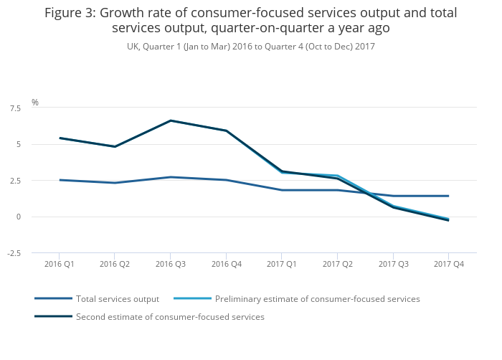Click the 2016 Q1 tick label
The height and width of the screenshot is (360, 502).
click(x=59, y=264)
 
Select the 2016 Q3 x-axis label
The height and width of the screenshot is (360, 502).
click(x=171, y=264)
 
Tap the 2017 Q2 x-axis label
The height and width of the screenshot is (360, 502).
click(x=337, y=264)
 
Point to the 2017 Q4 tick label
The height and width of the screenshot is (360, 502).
click(x=449, y=264)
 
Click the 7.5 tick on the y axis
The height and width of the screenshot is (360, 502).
click(x=15, y=108)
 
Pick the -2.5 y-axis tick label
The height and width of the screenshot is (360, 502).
click(x=14, y=253)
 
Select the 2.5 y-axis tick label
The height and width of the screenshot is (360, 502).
click(x=15, y=181)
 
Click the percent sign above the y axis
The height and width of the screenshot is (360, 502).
click(x=34, y=103)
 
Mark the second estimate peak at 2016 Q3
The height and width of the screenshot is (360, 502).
click(x=171, y=120)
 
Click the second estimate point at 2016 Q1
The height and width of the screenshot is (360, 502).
click(x=60, y=138)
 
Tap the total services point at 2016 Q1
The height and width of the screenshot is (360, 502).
click(x=60, y=180)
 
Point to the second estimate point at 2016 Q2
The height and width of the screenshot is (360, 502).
click(x=115, y=146)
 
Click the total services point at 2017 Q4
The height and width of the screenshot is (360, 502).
click(x=449, y=196)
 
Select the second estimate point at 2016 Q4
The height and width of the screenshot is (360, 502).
click(x=227, y=131)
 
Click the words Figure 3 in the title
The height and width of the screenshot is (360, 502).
click(x=70, y=13)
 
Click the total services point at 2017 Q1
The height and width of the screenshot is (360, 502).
click(x=282, y=190)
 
